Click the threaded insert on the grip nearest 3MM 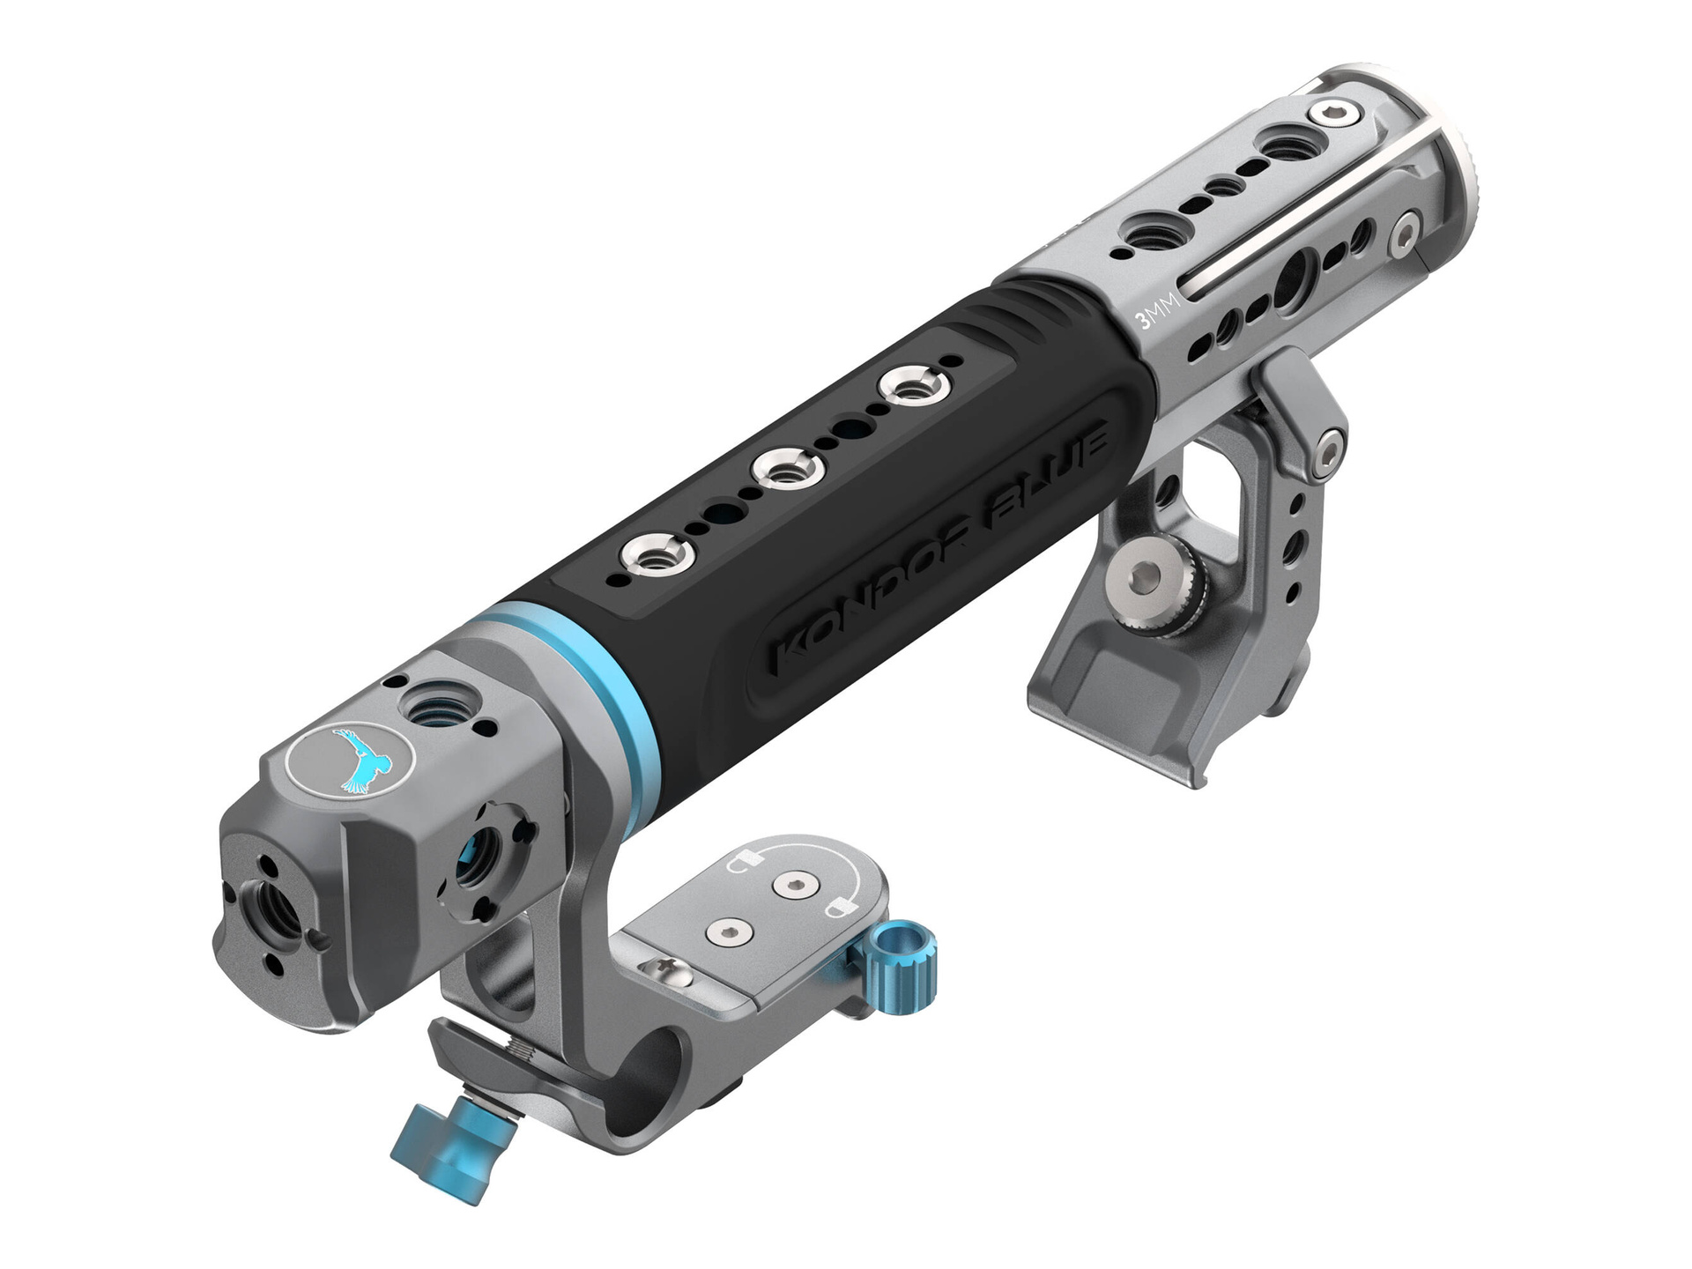[911, 384]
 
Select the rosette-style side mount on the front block [484, 858]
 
